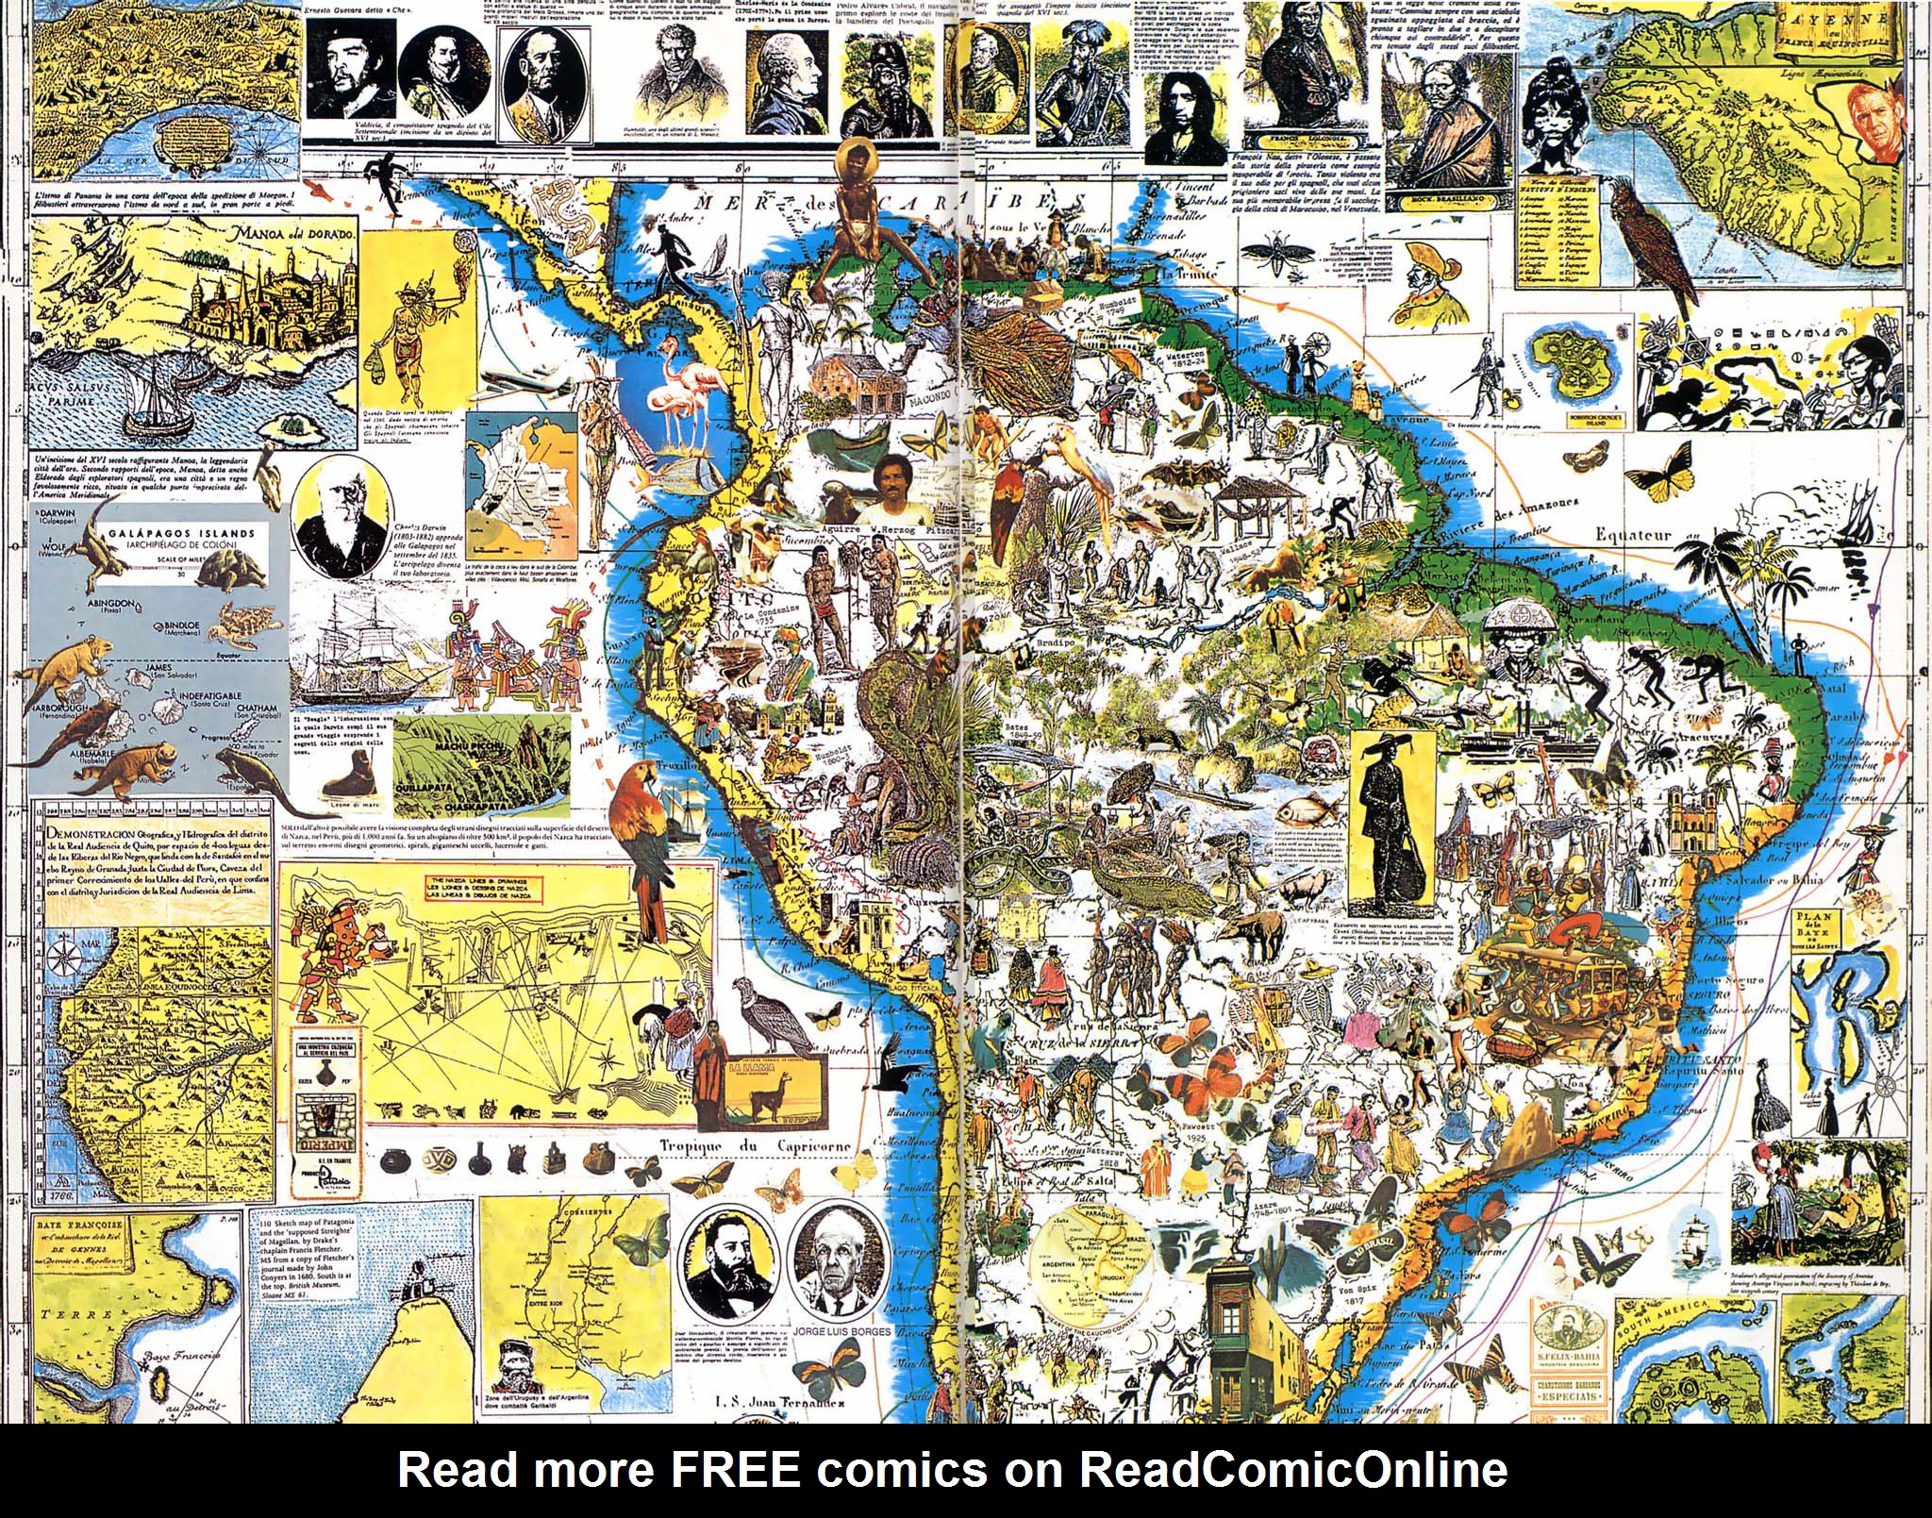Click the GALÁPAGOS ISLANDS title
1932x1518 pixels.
[x=181, y=533]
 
